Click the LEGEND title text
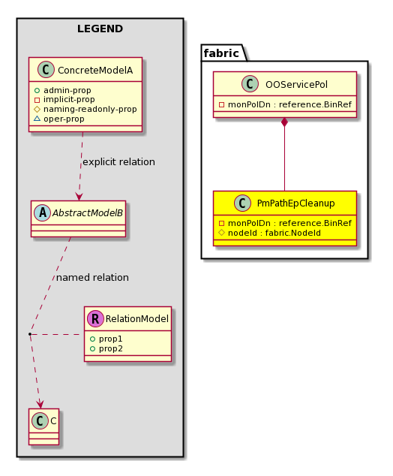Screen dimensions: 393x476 click(x=100, y=29)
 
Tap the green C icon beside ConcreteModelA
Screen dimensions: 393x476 click(x=46, y=70)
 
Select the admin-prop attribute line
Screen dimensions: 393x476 click(x=63, y=90)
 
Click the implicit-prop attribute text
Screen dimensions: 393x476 click(x=69, y=99)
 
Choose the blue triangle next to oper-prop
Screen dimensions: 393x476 click(x=37, y=119)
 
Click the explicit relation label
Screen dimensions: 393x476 click(x=118, y=162)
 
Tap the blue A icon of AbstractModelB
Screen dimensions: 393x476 click(x=43, y=212)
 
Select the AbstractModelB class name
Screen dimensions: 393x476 click(x=88, y=212)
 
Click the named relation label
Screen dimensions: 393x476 click(x=92, y=278)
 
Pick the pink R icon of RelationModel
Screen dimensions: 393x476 click(x=95, y=318)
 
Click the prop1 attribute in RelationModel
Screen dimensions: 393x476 click(x=106, y=339)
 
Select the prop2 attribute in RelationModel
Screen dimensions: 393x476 click(x=106, y=348)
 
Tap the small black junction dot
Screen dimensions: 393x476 click(x=30, y=334)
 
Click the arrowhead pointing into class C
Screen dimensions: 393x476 click(x=40, y=405)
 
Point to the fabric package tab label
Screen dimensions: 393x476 click(x=221, y=53)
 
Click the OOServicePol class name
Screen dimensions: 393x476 click(x=296, y=84)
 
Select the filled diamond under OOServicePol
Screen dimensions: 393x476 click(x=284, y=122)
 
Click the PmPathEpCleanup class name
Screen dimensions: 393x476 click(x=296, y=203)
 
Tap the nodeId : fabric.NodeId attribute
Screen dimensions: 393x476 click(x=269, y=233)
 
